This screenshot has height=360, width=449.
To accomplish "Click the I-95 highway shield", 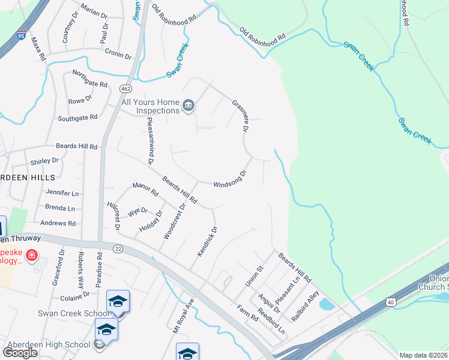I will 22,35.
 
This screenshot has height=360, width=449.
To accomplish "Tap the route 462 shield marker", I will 125,88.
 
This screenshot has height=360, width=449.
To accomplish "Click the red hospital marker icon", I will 31,256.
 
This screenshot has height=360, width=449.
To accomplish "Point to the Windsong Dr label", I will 231,179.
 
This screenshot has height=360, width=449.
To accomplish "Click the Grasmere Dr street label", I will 240,116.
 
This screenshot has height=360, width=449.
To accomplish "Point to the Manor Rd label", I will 145,190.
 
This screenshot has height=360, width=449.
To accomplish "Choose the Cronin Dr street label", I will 118,55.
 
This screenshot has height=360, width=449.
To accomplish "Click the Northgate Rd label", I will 89,79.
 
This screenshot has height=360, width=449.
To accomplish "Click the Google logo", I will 20,352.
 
